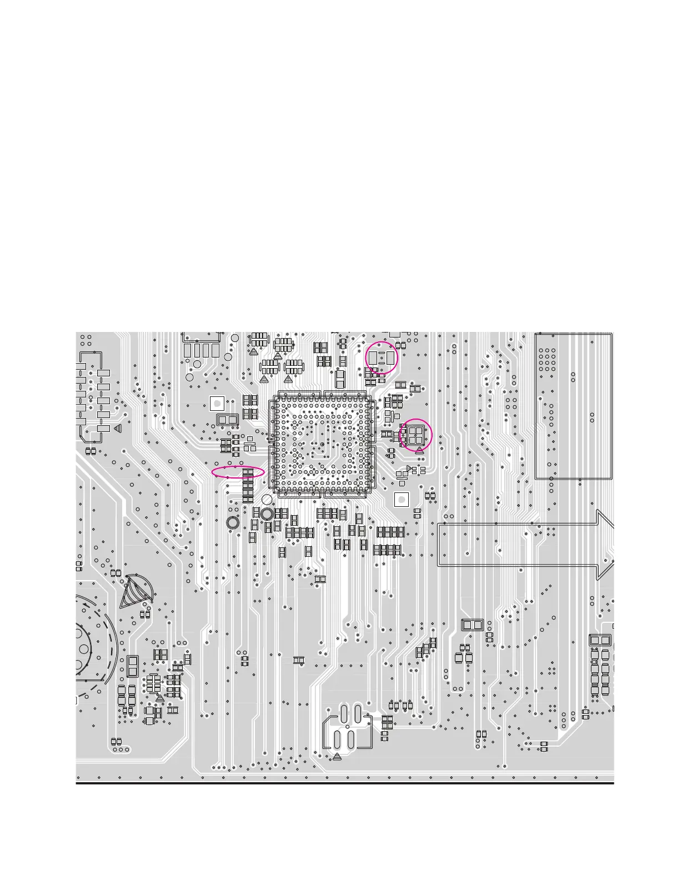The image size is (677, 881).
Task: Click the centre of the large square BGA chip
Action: point(322,444)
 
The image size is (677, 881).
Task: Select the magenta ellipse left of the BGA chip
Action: point(238,472)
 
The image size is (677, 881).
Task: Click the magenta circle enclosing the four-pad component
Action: point(415,435)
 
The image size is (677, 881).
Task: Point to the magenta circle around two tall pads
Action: point(382,357)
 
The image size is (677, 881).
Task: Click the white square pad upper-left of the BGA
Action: point(217,403)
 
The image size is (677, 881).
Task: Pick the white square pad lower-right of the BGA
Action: point(402,499)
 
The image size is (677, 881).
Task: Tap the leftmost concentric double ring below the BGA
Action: point(233,522)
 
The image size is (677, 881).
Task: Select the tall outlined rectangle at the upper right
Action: point(573,406)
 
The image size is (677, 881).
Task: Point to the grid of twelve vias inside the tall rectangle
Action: point(547,360)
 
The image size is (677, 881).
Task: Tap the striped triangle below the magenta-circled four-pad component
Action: point(419,451)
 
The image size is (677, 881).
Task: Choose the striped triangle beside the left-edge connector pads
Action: point(118,429)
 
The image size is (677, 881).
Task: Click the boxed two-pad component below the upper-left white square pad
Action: point(227,420)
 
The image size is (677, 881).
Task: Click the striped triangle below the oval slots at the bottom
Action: point(337,757)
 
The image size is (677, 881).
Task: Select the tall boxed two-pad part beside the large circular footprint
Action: point(132,666)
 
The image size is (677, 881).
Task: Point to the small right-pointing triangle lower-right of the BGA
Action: point(409,469)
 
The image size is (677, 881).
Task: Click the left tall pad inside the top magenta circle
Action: point(373,356)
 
